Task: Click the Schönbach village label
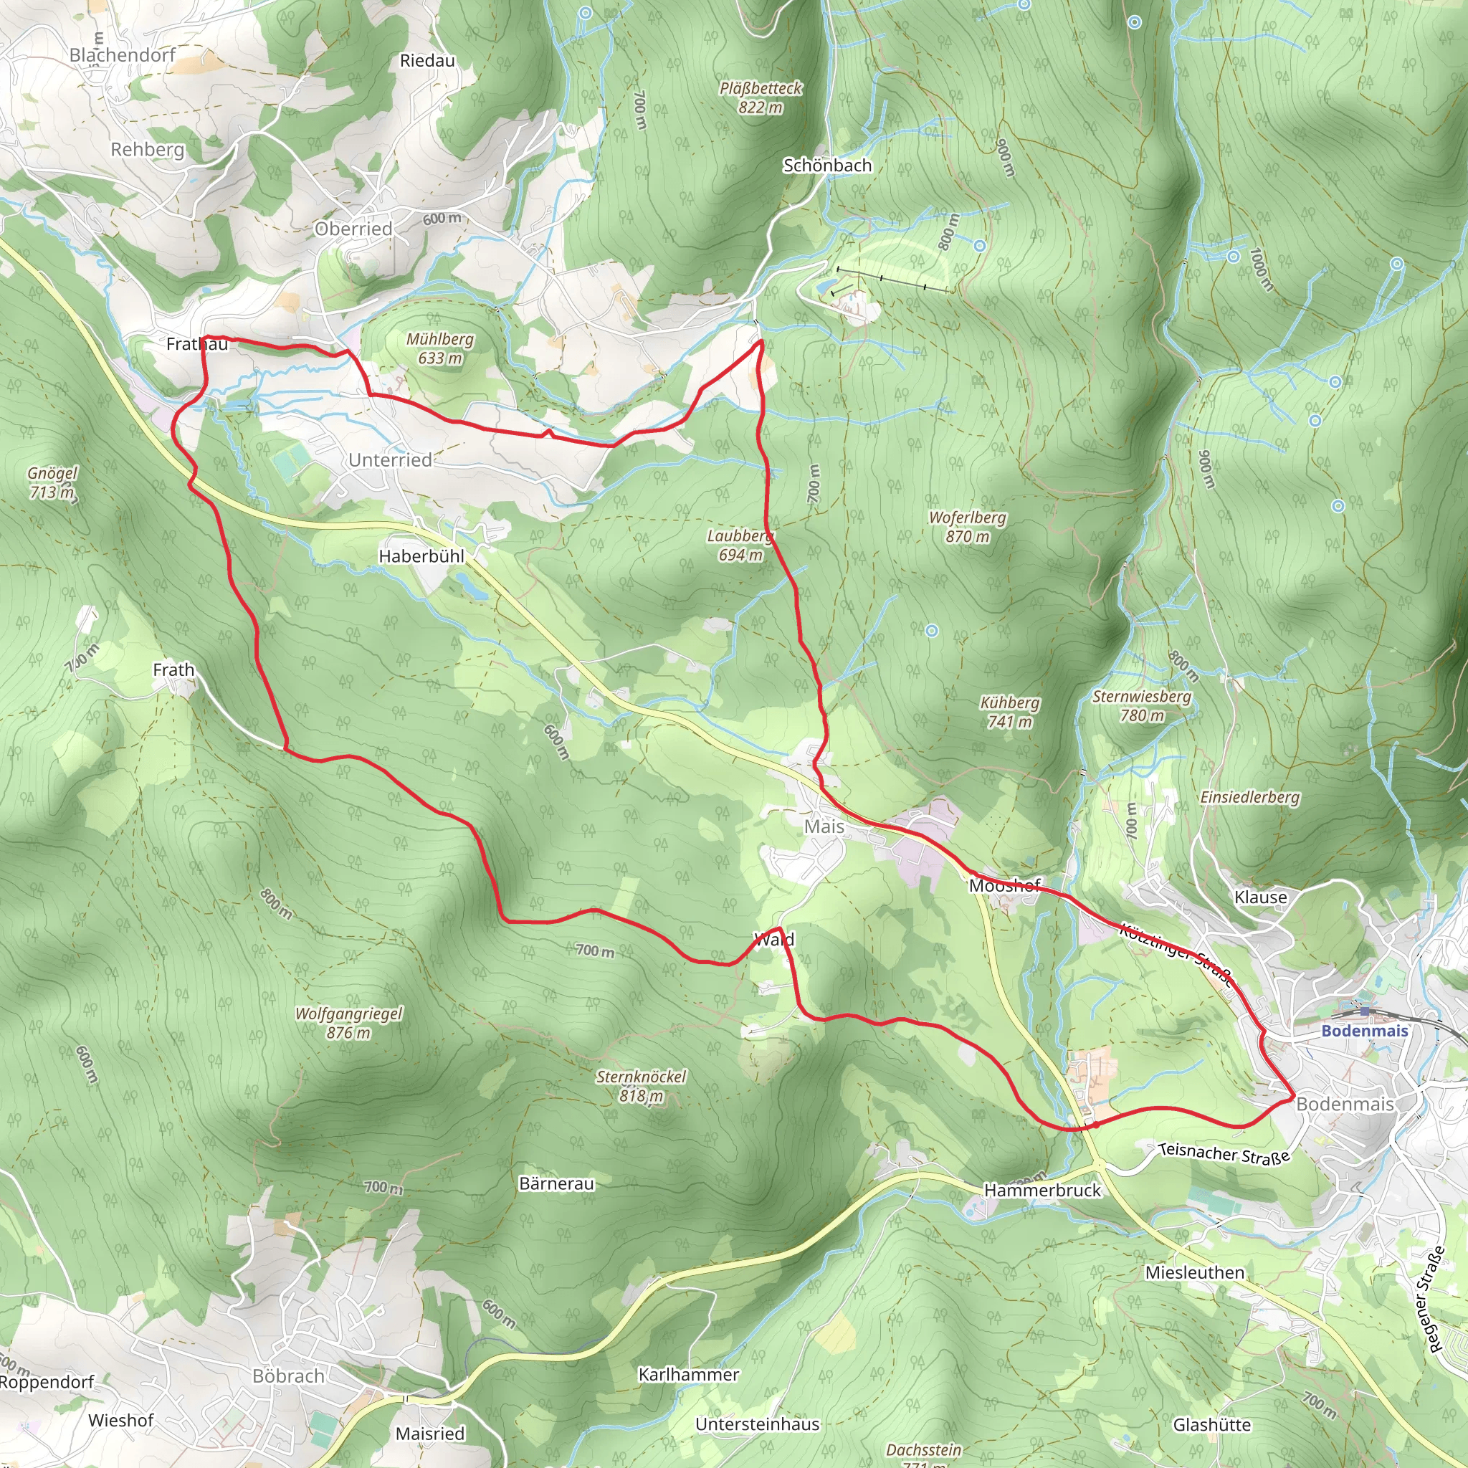(826, 165)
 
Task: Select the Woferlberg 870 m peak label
(967, 527)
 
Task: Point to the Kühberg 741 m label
(1009, 712)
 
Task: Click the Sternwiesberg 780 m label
(1141, 705)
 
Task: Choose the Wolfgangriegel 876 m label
(349, 1023)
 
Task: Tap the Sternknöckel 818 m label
(641, 1086)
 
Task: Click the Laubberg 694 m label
(740, 545)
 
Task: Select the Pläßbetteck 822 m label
(760, 97)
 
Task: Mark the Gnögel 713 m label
(52, 482)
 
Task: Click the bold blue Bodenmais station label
(1365, 1030)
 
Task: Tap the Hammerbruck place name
(1042, 1190)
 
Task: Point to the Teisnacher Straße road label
(1224, 1153)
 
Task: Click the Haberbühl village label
(421, 556)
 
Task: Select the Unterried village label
(390, 459)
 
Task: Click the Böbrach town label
(288, 1376)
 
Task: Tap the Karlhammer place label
(688, 1375)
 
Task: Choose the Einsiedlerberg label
(1249, 797)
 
